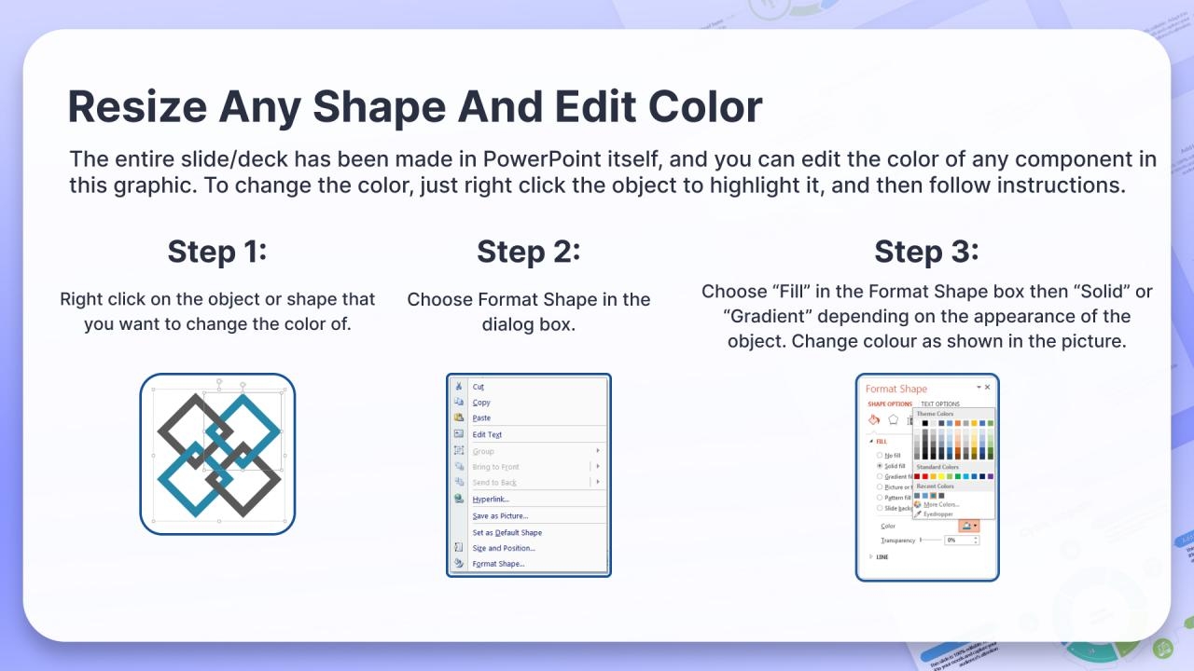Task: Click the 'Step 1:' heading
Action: pos(217,252)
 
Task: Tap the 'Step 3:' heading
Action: pos(925,252)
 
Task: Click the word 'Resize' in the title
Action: pos(136,107)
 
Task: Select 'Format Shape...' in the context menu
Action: pos(498,564)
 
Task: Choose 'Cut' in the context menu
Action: pos(479,387)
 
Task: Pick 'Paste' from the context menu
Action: pos(481,418)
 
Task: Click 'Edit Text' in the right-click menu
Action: pos(487,434)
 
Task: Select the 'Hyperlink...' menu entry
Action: pos(491,499)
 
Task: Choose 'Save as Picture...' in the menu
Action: pos(500,515)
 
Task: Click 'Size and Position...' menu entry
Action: pos(504,548)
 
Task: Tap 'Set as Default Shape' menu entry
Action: pos(507,532)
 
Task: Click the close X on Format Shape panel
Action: pos(988,387)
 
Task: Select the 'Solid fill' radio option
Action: pos(880,466)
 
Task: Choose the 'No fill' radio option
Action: pos(880,455)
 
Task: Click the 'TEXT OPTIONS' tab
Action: pos(939,404)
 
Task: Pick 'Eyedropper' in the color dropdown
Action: pos(937,514)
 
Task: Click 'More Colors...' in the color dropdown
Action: pos(940,504)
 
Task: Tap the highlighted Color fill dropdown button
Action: pos(968,527)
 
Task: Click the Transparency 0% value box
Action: pos(958,540)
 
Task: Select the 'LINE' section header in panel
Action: pos(882,557)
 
